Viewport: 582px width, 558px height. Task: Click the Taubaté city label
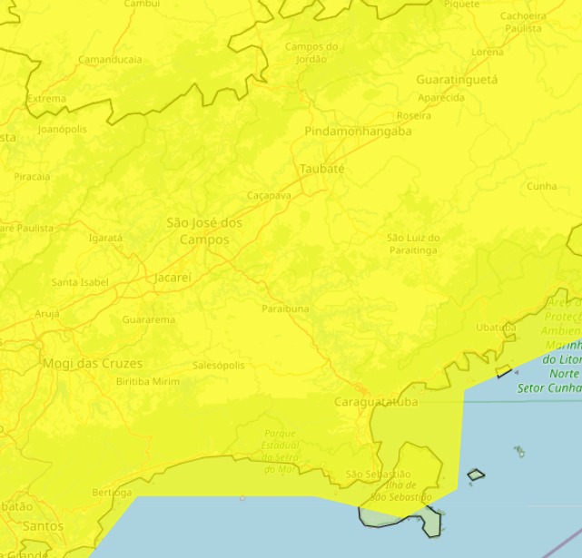[322, 169]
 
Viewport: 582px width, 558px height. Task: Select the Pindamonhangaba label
[358, 132]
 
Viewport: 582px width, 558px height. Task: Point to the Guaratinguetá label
[457, 80]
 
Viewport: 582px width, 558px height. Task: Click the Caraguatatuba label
[376, 401]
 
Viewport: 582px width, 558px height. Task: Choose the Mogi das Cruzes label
[93, 364]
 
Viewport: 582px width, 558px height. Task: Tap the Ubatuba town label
[496, 328]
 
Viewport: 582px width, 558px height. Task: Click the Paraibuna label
[285, 308]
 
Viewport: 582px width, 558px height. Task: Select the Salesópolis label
[219, 366]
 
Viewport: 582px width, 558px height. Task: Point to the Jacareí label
[173, 278]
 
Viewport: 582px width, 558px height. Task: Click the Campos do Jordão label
[311, 53]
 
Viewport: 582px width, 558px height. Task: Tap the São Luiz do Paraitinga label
[413, 243]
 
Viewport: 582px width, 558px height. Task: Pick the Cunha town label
[541, 186]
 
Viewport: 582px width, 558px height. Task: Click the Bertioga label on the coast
[112, 492]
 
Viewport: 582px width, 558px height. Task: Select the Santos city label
[43, 525]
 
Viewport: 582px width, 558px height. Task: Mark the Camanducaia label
[110, 60]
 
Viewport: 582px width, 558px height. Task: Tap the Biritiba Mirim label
[148, 382]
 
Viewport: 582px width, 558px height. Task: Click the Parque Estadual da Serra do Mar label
[281, 451]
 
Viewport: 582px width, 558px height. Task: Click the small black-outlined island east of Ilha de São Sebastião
[476, 474]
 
